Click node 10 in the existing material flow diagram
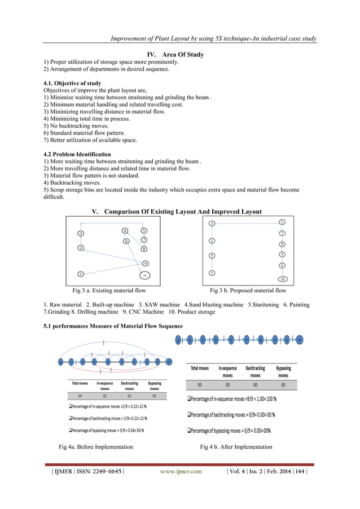145,275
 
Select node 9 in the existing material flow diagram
145,264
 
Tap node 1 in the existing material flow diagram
81,274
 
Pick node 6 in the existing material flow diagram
126,242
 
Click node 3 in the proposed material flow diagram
212,223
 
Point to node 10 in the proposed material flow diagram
282,279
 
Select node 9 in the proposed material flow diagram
212,256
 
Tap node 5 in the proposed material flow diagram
282,222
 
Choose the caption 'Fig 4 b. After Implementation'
236,447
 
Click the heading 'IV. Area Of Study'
175,55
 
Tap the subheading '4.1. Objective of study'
72,83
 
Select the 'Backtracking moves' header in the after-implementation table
255,371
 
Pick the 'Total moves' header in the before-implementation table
79,386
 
